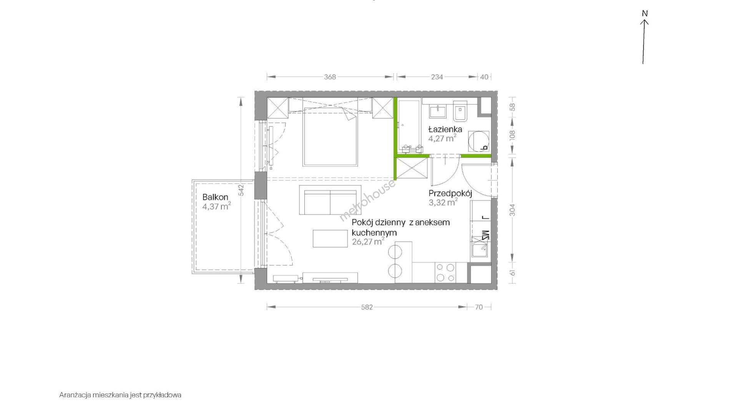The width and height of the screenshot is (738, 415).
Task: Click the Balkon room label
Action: [215, 197]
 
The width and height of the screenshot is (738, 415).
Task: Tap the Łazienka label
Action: [445, 129]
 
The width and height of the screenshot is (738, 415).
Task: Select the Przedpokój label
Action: [450, 193]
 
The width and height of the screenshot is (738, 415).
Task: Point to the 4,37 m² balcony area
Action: [216, 207]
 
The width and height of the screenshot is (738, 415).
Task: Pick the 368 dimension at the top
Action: [330, 77]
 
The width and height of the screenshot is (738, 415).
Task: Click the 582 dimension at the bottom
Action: [367, 307]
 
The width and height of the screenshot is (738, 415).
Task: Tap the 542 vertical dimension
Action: [241, 190]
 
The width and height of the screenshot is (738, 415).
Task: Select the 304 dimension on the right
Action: [512, 210]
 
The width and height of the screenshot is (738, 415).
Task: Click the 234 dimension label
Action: [437, 77]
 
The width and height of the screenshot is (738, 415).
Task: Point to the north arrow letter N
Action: [645, 13]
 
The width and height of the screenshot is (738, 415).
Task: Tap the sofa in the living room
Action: [330, 200]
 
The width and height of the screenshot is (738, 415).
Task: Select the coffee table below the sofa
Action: [330, 238]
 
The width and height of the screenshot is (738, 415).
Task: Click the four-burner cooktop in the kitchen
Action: [445, 273]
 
